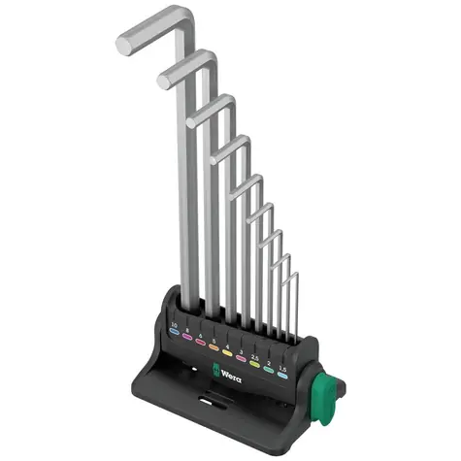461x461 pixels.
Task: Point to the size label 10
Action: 174,324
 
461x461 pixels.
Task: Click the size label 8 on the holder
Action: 188,331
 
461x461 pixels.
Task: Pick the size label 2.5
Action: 254,356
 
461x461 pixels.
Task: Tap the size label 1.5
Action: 283,368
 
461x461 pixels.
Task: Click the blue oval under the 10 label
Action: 174,333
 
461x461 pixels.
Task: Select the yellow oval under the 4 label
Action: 228,353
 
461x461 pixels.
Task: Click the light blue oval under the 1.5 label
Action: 283,376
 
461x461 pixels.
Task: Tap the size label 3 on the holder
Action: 241,350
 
